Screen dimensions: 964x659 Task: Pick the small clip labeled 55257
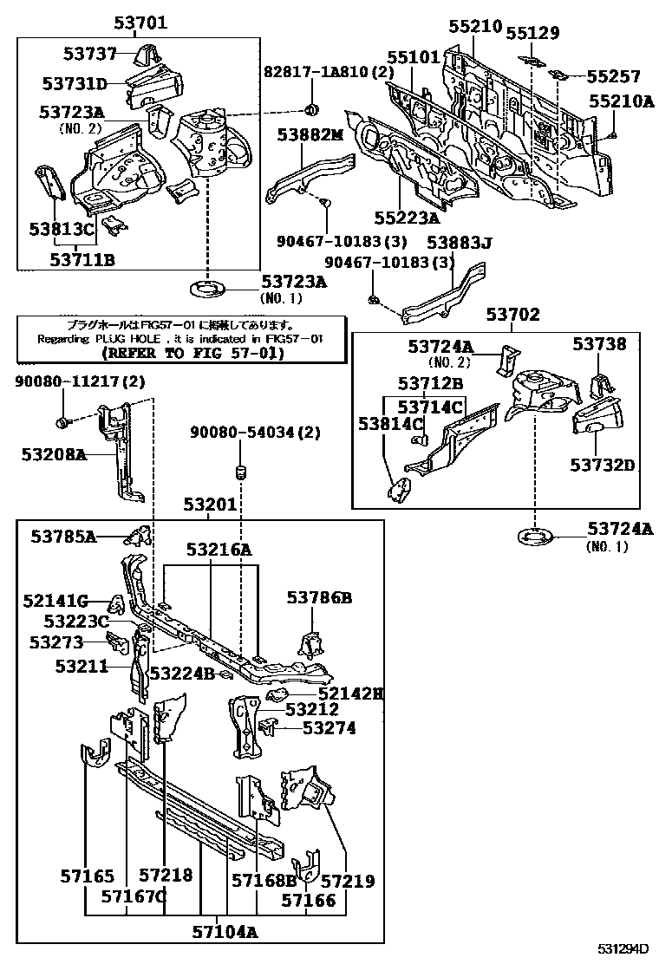click(559, 75)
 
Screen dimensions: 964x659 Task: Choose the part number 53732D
click(602, 465)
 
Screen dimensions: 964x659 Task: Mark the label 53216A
click(218, 549)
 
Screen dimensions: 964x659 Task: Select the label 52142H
click(349, 693)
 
